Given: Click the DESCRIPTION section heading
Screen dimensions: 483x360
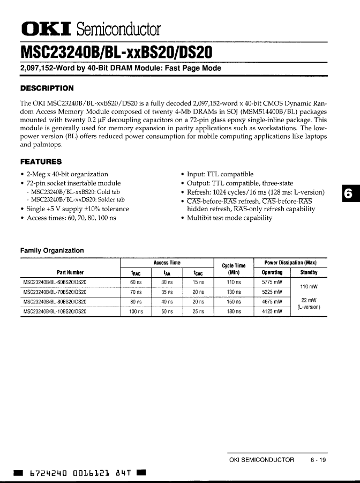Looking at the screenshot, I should [47, 88].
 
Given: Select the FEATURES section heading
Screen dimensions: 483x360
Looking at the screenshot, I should [41, 161].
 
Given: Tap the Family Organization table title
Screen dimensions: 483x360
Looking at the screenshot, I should [52, 250].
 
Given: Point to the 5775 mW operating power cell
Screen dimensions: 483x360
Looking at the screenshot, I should [272, 281].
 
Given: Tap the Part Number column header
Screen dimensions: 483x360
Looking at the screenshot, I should [70, 272].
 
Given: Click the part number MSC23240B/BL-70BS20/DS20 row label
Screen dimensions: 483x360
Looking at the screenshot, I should [55, 292].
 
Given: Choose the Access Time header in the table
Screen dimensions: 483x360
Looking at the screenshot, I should [167, 263].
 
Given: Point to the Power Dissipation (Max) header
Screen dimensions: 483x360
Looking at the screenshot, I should [290, 263].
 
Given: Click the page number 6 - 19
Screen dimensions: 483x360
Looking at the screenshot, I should [318, 460].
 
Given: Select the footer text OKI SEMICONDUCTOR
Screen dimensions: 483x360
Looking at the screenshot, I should [261, 460].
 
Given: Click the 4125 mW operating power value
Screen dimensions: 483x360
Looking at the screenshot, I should [272, 311].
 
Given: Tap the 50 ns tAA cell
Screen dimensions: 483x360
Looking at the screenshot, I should [167, 311].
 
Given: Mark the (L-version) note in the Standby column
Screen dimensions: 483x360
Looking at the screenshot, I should [309, 307].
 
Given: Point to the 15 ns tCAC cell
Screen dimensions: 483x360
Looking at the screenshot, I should [198, 281].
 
